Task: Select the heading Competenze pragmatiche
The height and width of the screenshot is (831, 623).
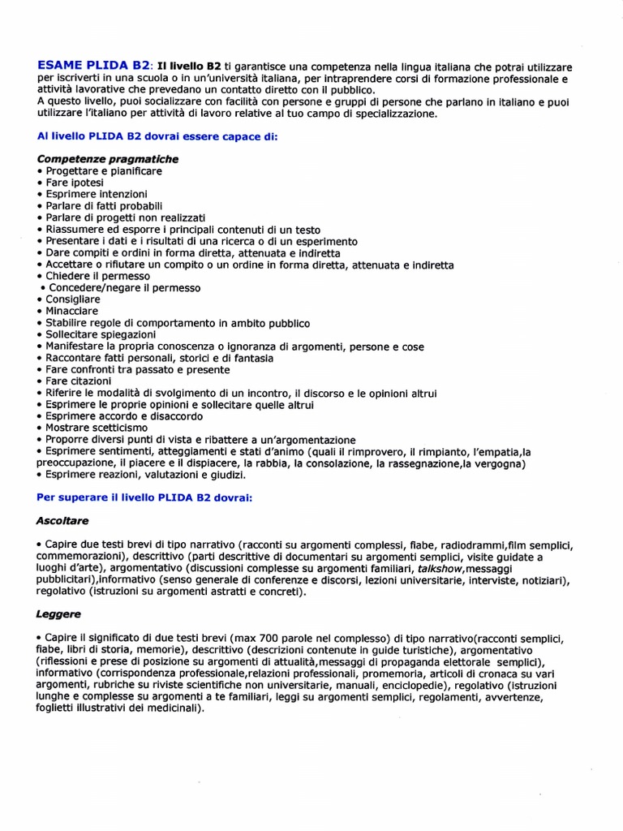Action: tap(107, 159)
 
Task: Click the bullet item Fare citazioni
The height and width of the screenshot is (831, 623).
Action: tap(78, 381)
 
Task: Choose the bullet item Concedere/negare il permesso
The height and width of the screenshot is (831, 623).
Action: tap(123, 288)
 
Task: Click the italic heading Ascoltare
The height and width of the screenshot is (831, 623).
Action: tap(62, 519)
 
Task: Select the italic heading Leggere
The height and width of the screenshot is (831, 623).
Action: tap(58, 616)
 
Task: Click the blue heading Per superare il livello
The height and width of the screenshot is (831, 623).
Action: tap(145, 497)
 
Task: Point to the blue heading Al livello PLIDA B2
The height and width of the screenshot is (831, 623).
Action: tap(157, 136)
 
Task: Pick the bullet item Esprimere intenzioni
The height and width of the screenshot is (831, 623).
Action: tap(96, 195)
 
